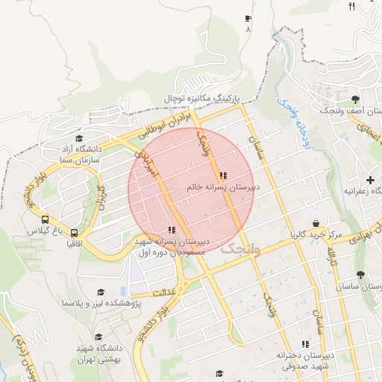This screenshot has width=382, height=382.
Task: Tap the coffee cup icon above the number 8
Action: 248,18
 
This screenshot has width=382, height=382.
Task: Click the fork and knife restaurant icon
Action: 351,7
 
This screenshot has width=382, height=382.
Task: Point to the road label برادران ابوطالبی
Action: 165,123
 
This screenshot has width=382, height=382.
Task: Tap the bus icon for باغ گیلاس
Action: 46,220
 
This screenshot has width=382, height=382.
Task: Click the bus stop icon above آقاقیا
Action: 74,232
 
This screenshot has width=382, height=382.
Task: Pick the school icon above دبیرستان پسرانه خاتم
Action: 222,175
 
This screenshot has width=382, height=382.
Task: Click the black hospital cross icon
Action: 370,180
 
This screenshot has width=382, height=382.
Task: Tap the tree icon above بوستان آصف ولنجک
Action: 356,98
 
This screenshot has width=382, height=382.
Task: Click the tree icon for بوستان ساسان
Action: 360,275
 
